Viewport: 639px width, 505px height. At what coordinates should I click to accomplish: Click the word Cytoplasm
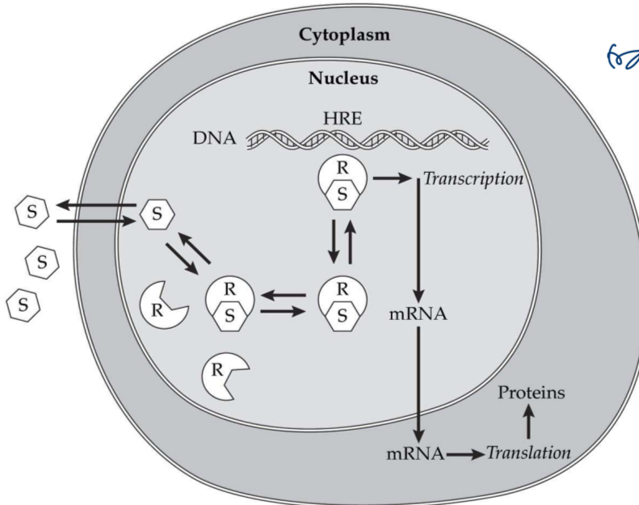pos(343,36)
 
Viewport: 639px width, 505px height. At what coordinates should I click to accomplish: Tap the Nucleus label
pos(343,79)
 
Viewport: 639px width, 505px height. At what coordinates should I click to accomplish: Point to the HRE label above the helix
pos(342,119)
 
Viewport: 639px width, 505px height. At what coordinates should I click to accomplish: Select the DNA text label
pos(214,139)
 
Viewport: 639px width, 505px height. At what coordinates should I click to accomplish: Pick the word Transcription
pos(473,179)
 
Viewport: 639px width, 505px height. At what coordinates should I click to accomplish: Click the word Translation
pos(528,452)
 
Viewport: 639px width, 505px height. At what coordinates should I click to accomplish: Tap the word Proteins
pos(531,393)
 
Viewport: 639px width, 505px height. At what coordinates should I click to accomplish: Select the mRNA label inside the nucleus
pos(418,314)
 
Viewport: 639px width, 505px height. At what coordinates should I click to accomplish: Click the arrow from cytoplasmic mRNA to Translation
pos(465,452)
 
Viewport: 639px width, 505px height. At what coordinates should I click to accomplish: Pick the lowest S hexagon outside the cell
pos(22,305)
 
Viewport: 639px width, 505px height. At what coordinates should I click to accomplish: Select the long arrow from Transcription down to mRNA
pos(418,242)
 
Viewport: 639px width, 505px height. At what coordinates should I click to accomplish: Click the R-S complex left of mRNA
pos(342,301)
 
